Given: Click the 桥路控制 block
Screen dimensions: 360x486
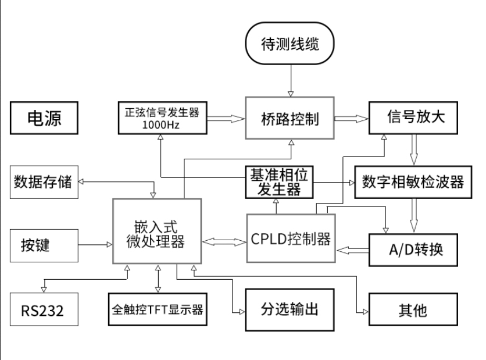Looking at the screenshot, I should tap(289, 119).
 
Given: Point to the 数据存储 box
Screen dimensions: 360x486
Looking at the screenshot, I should tap(43, 181).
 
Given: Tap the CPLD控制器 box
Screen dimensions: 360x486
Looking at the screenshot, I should tap(291, 239).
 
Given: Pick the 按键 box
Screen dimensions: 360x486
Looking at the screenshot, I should tap(43, 245).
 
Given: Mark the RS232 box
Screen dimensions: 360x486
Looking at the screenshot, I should tap(43, 308).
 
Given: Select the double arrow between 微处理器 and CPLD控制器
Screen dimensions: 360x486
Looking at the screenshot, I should tap(224, 239).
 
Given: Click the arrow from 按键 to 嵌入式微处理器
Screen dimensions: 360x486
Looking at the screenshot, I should tap(94, 245).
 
